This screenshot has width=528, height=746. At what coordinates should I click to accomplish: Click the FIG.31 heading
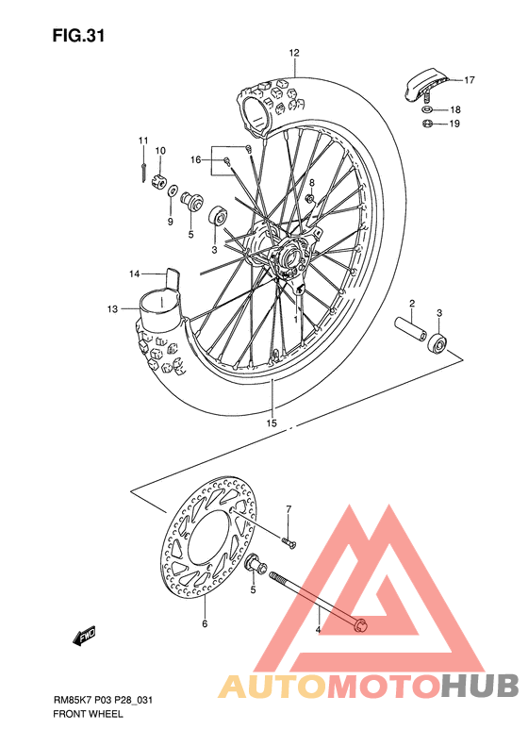click(x=78, y=37)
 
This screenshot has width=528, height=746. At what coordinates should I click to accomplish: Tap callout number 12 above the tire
click(x=294, y=53)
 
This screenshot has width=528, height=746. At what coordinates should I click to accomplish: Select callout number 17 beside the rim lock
click(x=470, y=80)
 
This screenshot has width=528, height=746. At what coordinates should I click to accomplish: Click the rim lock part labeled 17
click(x=422, y=82)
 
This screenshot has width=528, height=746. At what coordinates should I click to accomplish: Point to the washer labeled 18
click(x=427, y=109)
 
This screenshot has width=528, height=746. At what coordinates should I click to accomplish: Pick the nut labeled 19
click(x=426, y=124)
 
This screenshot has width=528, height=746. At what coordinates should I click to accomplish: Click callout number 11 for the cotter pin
click(x=143, y=141)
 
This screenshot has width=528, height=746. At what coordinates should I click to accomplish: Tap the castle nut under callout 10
click(x=160, y=182)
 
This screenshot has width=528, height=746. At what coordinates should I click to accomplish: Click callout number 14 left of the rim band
click(x=135, y=274)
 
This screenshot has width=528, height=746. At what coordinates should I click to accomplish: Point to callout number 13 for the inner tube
click(x=112, y=308)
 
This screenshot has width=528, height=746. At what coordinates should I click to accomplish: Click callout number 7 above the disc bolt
click(x=289, y=510)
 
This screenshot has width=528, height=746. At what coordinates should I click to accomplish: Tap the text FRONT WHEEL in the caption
click(x=88, y=714)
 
